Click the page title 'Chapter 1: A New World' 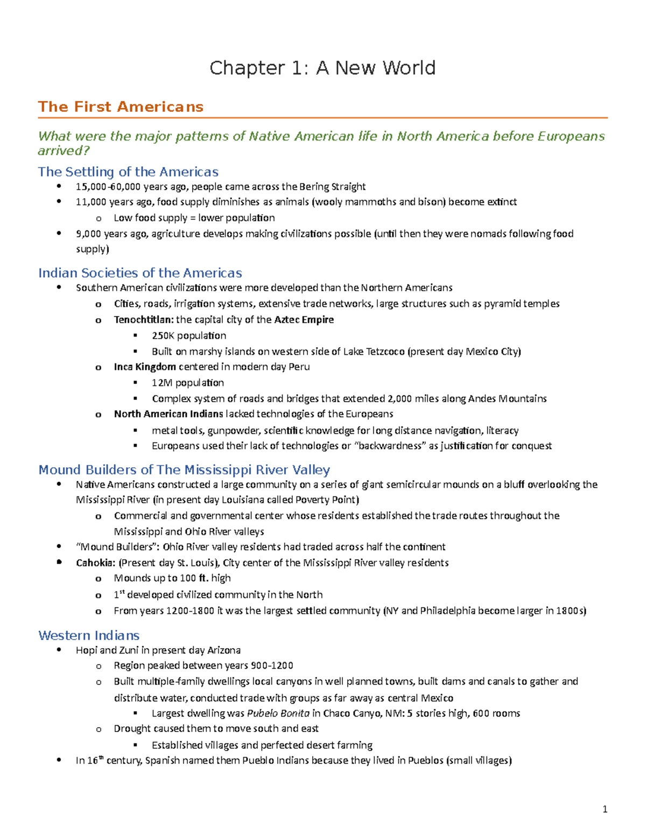[x=322, y=68]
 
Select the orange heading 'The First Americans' [x=121, y=107]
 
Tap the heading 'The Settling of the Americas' [x=128, y=172]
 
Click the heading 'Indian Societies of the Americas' [x=140, y=273]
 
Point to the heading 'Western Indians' [x=89, y=635]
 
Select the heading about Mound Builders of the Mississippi [x=184, y=470]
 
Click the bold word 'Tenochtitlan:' [x=144, y=320]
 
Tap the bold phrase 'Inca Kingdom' [x=145, y=367]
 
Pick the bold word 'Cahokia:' [x=95, y=563]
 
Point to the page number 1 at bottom [x=605, y=809]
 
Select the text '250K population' [x=189, y=335]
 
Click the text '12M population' [x=188, y=383]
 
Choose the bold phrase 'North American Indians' [x=168, y=414]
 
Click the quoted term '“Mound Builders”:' [x=118, y=547]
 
